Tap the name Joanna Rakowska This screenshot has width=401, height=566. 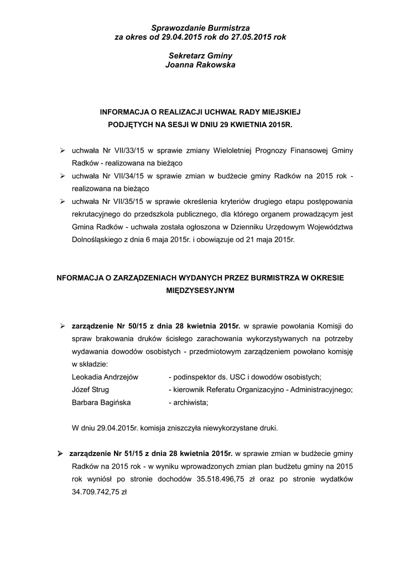(200, 65)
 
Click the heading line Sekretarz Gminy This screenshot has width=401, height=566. (200, 56)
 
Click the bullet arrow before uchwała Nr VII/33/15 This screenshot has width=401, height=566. (63, 150)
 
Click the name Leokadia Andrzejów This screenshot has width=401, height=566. (105, 377)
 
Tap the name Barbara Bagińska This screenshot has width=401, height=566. (101, 402)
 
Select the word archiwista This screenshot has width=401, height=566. (191, 402)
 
